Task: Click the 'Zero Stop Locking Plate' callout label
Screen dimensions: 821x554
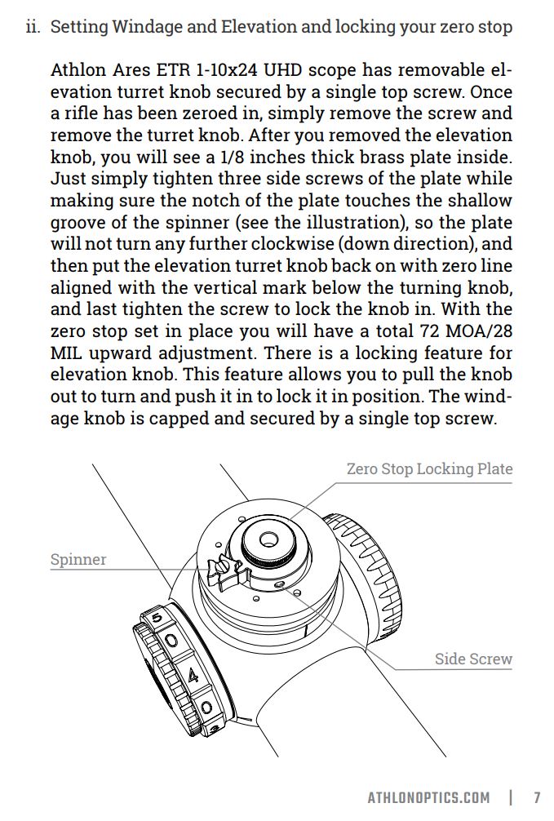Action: pos(429,469)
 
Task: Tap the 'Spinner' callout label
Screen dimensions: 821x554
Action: pos(78,560)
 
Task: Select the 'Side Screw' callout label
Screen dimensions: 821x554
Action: pos(473,659)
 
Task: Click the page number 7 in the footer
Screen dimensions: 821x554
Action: pos(537,797)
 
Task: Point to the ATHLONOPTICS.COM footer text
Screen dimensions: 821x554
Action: pos(428,797)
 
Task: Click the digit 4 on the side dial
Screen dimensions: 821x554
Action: pos(193,676)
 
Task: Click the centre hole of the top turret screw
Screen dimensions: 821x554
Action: pos(268,539)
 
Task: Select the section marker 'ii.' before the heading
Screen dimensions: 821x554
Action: pos(33,27)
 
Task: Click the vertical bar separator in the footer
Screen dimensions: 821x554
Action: pos(511,797)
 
